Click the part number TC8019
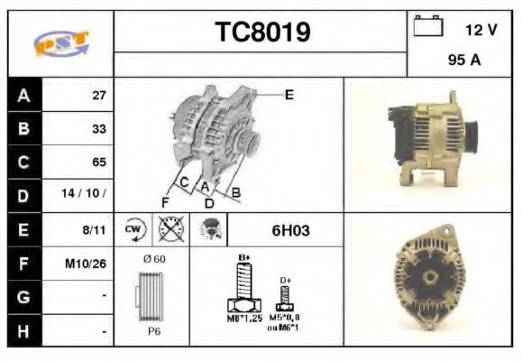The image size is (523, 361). (x=261, y=33)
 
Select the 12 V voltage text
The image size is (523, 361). (x=481, y=30)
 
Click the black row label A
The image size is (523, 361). (x=23, y=95)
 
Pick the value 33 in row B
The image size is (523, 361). (x=98, y=129)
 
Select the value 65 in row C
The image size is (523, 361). (x=98, y=162)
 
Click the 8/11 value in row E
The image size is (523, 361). (x=95, y=230)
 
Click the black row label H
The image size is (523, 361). (x=23, y=331)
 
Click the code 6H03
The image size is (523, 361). (x=290, y=230)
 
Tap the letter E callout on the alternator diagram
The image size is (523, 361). (x=289, y=94)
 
